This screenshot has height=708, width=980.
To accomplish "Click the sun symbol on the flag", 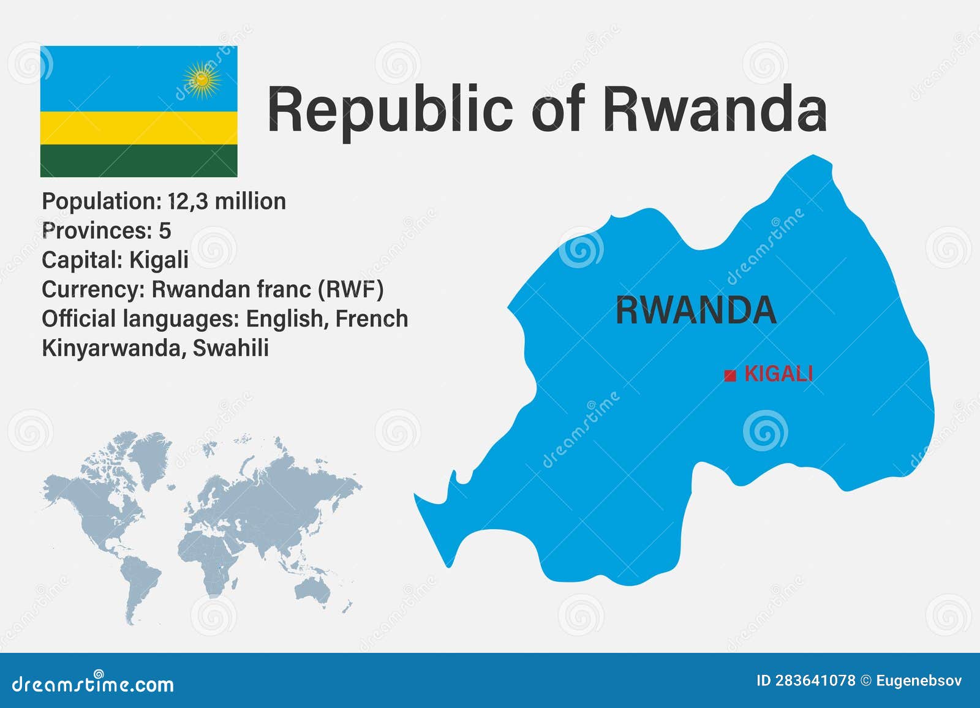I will click(x=202, y=79).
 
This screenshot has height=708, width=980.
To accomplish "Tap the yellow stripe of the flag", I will click(x=138, y=127).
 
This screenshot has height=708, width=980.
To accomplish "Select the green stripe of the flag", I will click(x=138, y=160).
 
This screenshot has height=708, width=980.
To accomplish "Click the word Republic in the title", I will click(x=390, y=110).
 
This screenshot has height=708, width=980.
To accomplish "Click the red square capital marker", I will click(x=729, y=375).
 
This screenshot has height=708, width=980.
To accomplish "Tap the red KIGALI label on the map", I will click(x=778, y=374).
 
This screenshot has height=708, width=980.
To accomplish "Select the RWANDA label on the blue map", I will click(x=695, y=310).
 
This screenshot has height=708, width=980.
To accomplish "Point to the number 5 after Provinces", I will click(x=165, y=231).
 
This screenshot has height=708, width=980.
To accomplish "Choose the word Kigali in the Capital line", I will click(x=159, y=260).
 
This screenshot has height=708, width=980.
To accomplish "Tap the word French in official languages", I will click(x=372, y=318).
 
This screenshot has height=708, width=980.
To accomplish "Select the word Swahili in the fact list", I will click(x=230, y=348).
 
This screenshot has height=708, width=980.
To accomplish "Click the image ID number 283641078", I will click(x=815, y=680).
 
